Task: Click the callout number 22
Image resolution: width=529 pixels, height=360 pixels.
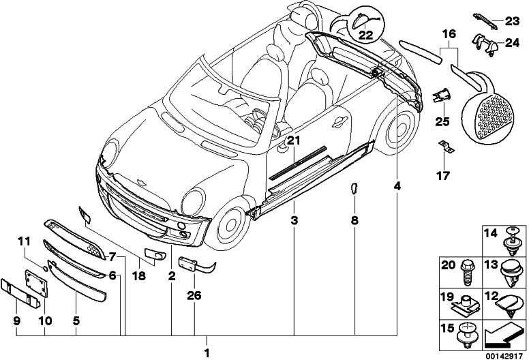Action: pos(366,35)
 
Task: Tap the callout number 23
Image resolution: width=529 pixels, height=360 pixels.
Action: pos(512,21)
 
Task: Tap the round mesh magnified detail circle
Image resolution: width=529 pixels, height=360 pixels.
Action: pos(494,115)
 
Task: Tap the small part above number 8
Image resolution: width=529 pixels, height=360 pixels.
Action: pos(354,189)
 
